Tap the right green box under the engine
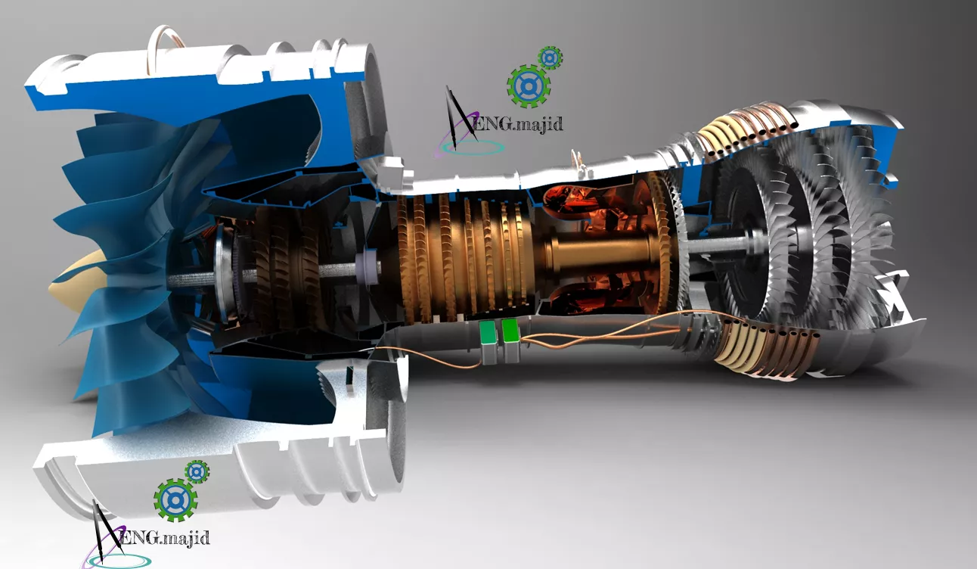point(510,330)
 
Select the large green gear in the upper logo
point(529,86)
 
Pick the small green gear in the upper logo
point(550,58)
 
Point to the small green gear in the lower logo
point(197,471)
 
